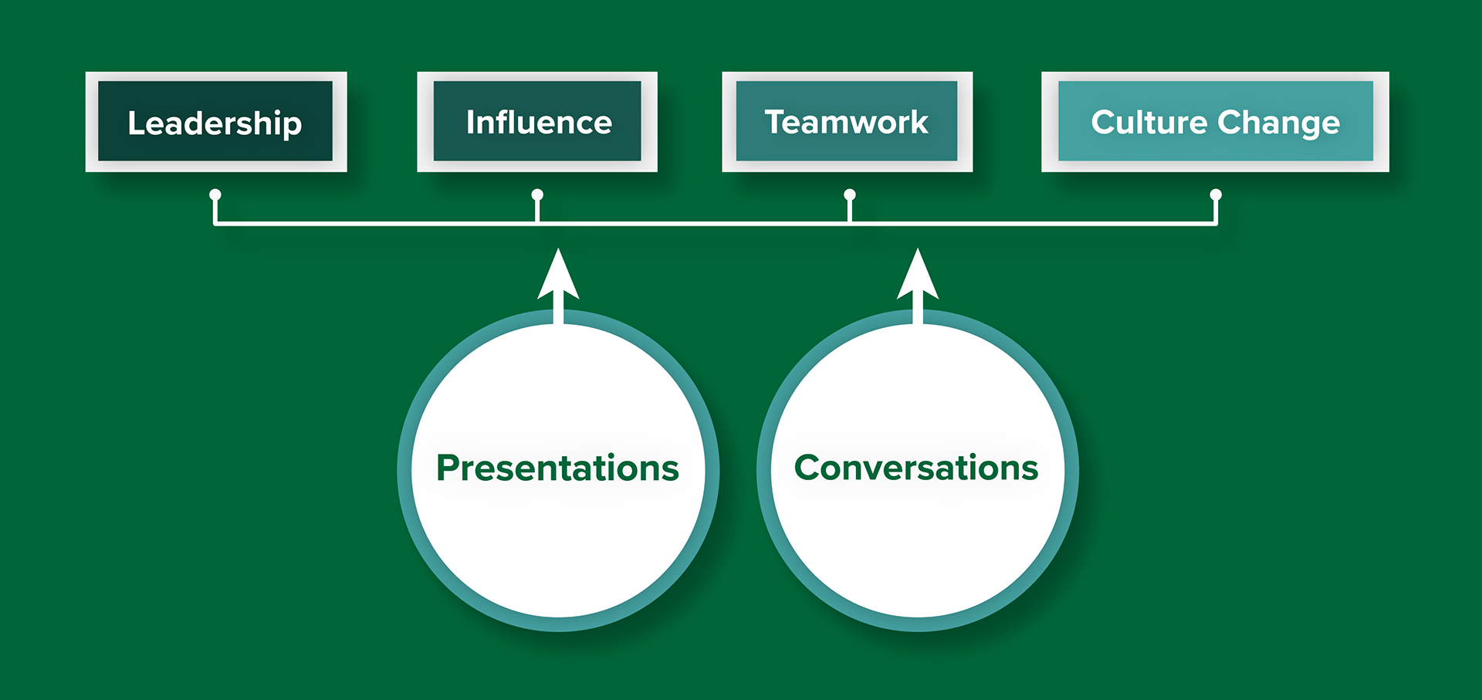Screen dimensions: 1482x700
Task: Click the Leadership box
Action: point(216,122)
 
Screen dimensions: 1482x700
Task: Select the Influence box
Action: point(537,122)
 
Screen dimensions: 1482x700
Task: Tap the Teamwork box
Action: point(848,122)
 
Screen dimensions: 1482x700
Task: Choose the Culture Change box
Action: point(1216,122)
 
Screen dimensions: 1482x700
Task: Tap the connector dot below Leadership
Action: point(215,194)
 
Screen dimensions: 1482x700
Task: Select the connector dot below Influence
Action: point(537,194)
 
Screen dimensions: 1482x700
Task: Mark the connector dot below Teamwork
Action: point(850,194)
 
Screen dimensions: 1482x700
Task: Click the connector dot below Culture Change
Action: point(1216,194)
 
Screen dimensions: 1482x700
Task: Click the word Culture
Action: point(1149,122)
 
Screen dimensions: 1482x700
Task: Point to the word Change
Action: point(1279,124)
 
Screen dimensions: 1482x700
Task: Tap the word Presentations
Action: point(557,468)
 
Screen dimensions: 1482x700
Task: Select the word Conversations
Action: point(916,468)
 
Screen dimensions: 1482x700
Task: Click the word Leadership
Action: point(215,124)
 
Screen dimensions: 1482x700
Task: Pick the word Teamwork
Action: point(846,122)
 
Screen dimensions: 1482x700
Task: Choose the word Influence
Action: point(539,122)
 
